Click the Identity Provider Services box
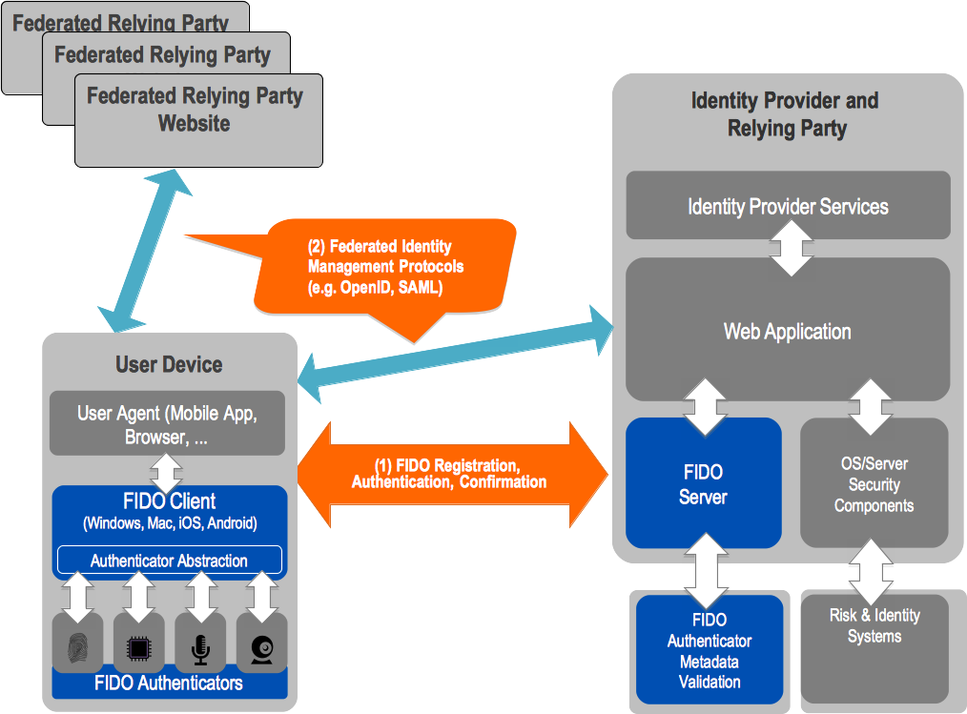788,206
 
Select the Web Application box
788,332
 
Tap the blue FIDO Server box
703,483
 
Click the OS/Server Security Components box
874,484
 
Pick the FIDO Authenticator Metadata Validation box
709,650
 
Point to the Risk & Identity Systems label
874,625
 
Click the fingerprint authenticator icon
77,648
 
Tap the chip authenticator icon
138,648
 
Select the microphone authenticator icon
200,648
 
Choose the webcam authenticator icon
261,648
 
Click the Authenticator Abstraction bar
169,561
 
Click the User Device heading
169,364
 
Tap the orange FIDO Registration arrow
449,473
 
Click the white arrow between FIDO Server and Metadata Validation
708,570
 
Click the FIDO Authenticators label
169,683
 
